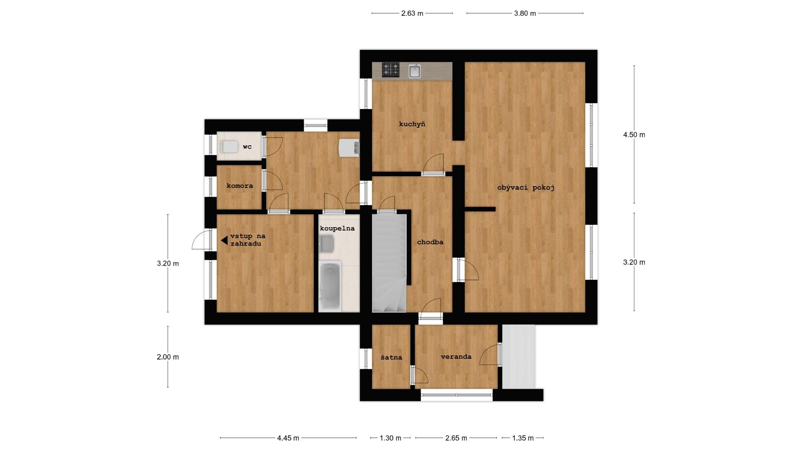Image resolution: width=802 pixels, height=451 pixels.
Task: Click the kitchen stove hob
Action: pyautogui.click(x=391, y=70)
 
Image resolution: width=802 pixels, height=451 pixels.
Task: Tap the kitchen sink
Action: pyautogui.click(x=414, y=71)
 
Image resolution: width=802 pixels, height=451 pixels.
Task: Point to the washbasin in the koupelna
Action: pyautogui.click(x=326, y=243)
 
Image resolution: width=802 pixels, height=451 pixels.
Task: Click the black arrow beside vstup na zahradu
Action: pyautogui.click(x=224, y=240)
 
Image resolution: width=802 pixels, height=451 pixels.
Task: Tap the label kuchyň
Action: pyautogui.click(x=412, y=124)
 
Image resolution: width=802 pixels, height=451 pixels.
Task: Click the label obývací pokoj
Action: pyautogui.click(x=525, y=188)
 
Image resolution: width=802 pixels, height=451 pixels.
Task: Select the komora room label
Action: pyautogui.click(x=240, y=186)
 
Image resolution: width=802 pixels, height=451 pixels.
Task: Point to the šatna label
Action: pyautogui.click(x=391, y=357)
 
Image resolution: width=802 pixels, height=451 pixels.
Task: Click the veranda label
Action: pyautogui.click(x=456, y=357)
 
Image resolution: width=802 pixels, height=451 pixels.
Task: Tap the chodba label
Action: pyautogui.click(x=430, y=242)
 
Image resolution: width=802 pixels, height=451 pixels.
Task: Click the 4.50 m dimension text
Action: pyautogui.click(x=634, y=135)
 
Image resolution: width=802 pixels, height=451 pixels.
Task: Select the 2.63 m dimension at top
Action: pyautogui.click(x=412, y=13)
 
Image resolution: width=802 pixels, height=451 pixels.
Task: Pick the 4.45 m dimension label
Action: pyautogui.click(x=288, y=438)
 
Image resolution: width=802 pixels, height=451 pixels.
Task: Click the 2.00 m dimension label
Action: pyautogui.click(x=168, y=357)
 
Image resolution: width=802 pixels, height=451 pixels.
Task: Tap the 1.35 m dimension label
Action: pyautogui.click(x=523, y=438)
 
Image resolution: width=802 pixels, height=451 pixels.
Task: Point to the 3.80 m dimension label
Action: pyautogui.click(x=525, y=13)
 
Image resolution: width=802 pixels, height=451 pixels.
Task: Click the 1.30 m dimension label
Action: pyautogui.click(x=391, y=438)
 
